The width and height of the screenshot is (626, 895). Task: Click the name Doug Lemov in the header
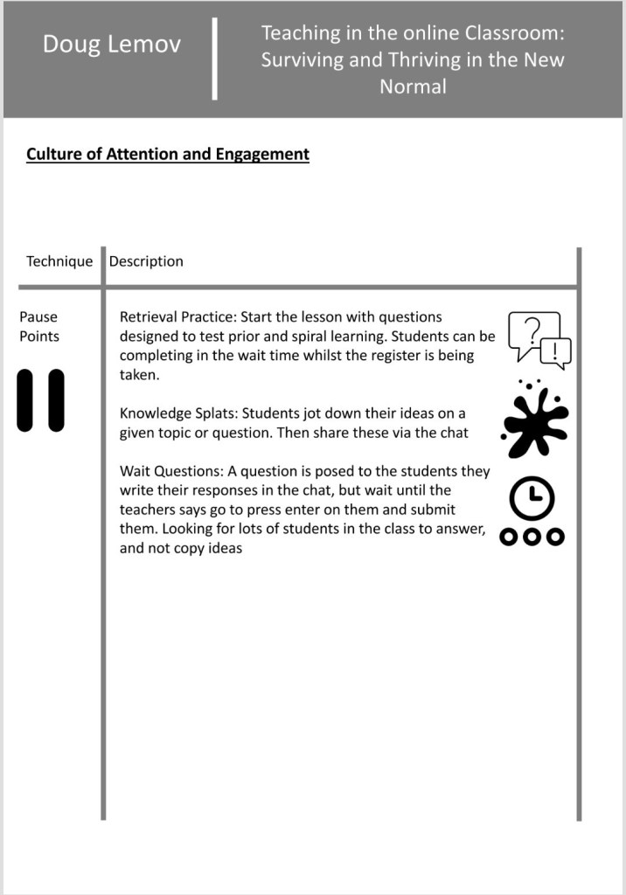[x=112, y=44]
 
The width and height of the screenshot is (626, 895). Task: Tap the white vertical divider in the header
[x=215, y=59]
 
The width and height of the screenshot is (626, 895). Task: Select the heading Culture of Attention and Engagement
[x=167, y=155]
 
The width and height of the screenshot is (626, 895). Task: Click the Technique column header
[x=59, y=261]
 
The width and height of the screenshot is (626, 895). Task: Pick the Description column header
[x=146, y=261]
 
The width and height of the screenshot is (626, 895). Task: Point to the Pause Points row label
[x=39, y=326]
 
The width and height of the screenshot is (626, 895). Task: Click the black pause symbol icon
[x=40, y=400]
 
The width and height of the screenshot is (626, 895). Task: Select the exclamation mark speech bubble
[x=556, y=352]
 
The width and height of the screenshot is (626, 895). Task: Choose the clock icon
[x=532, y=499]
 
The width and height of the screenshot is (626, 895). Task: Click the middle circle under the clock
[x=532, y=537]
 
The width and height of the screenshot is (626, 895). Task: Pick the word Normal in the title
[x=413, y=87]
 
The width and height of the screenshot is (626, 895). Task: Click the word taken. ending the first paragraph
[x=139, y=374]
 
